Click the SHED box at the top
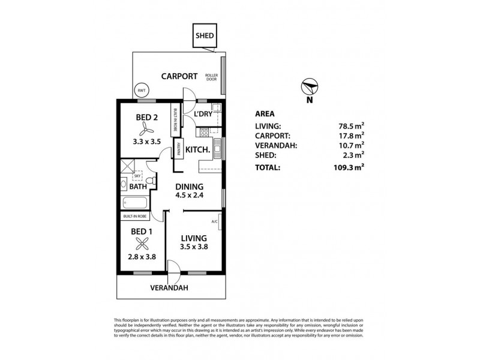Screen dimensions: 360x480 [204, 36]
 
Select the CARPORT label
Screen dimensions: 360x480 [179, 76]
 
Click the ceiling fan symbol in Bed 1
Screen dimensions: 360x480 [142, 244]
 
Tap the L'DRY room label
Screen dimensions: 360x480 [198, 115]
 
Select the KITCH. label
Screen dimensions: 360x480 [197, 150]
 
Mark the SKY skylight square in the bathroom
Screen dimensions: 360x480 [137, 176]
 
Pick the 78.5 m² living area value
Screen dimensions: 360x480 [351, 126]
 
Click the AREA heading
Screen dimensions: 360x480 [265, 113]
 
